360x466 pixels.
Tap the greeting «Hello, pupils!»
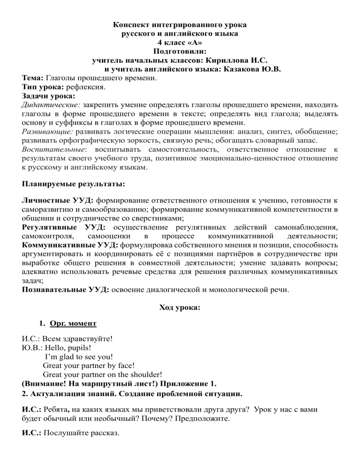tap(65, 348)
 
